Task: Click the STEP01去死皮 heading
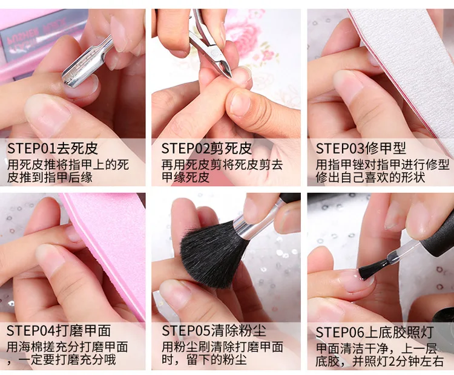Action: pyautogui.click(x=53, y=149)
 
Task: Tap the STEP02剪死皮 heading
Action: pyautogui.click(x=207, y=149)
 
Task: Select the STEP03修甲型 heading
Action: pyautogui.click(x=361, y=149)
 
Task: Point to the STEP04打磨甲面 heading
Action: pyautogui.click(x=59, y=331)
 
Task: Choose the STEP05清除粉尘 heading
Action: pyautogui.click(x=214, y=331)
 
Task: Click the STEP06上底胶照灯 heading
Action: pyautogui.click(x=375, y=332)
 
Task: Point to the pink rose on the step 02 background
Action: pyautogui.click(x=244, y=32)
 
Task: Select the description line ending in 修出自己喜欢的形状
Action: pyautogui.click(x=370, y=177)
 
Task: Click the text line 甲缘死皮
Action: pyautogui.click(x=185, y=177)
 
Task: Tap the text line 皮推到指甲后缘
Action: pyautogui.click(x=50, y=177)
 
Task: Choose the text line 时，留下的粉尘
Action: pyautogui.click(x=204, y=360)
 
